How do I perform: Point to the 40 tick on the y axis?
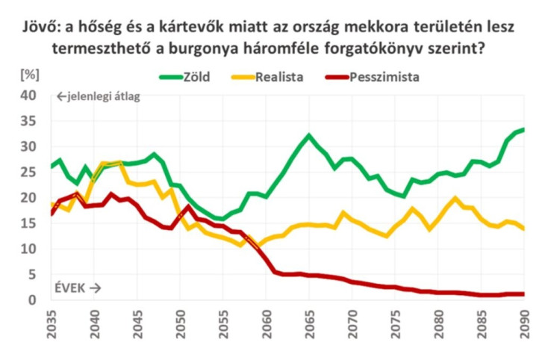click(28, 96)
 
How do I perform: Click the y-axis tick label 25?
click(28, 173)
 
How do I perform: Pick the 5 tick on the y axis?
click(32, 275)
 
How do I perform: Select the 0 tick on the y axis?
click(32, 300)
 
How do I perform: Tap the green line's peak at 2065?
click(308, 136)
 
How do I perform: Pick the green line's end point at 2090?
click(522, 129)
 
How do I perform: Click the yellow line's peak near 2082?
click(455, 199)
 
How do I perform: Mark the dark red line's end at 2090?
click(522, 294)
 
